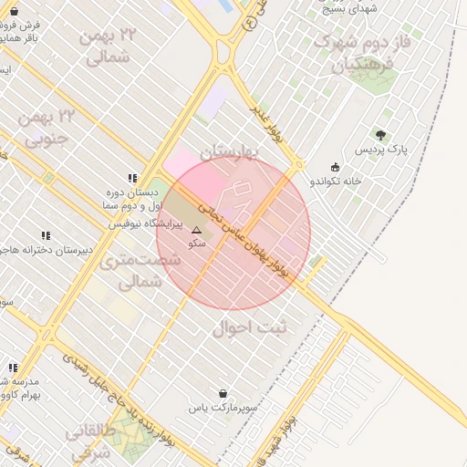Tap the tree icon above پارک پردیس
click(380, 136)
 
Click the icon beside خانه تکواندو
click(336, 167)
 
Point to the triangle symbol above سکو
click(196, 231)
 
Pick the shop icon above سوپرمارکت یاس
click(223, 394)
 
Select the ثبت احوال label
click(249, 327)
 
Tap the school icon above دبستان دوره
click(133, 179)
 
